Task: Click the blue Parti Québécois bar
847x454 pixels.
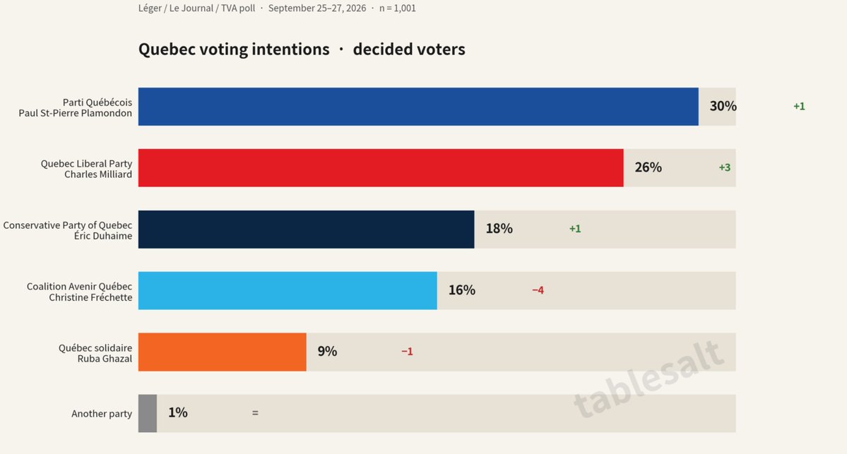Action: (418, 107)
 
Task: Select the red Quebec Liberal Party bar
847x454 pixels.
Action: (381, 168)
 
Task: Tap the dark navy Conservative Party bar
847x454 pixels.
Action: (307, 229)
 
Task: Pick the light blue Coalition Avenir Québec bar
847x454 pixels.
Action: (288, 290)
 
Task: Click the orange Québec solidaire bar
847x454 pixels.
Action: (222, 352)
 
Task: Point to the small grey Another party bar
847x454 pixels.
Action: (148, 413)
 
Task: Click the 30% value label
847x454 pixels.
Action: (723, 107)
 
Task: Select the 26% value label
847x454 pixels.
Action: (648, 167)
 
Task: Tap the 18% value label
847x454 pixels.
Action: (499, 228)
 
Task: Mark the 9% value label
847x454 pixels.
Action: (327, 352)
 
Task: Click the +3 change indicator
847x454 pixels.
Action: (724, 167)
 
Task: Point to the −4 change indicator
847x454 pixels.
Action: (538, 290)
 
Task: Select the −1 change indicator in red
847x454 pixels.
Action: (407, 352)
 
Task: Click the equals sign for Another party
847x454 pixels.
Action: (255, 413)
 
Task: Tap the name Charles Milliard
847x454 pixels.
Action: (98, 174)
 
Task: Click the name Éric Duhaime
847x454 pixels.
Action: (103, 236)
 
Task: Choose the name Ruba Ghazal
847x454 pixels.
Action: (105, 359)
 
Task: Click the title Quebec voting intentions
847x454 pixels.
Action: (234, 49)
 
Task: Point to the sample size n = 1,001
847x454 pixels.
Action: (398, 8)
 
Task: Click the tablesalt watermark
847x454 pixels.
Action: (648, 379)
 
